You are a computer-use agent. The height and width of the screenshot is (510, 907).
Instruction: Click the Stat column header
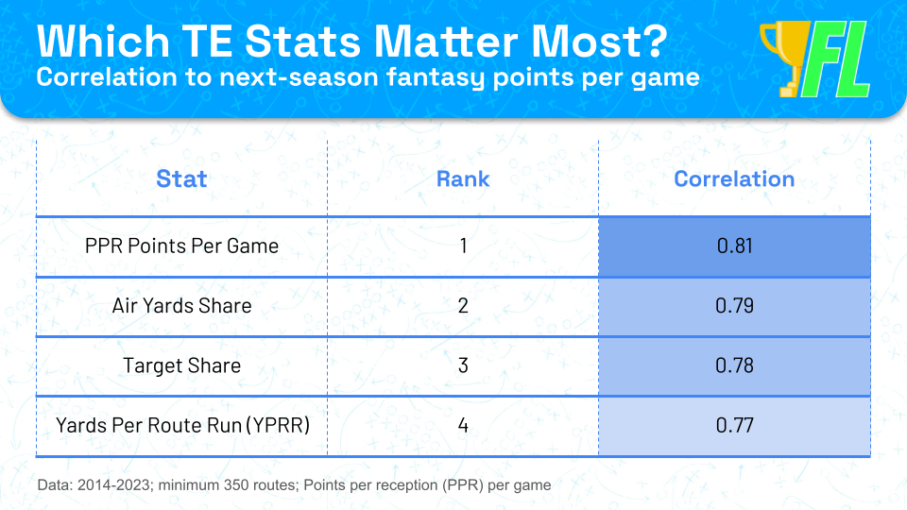click(x=181, y=179)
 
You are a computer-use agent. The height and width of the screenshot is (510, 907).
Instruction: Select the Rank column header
click(x=463, y=179)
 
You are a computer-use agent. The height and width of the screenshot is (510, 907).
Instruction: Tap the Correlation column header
click(x=734, y=179)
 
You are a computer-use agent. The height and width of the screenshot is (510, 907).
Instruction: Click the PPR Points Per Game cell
click(x=181, y=246)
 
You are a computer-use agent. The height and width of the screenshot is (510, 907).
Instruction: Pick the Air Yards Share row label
click(x=181, y=306)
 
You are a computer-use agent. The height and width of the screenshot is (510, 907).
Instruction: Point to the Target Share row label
click(x=181, y=366)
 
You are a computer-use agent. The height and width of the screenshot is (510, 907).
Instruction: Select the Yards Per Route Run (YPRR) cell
click(x=182, y=426)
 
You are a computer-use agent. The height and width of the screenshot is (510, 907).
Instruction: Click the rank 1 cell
click(x=463, y=246)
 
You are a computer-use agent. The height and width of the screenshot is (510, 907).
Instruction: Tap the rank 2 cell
click(x=463, y=306)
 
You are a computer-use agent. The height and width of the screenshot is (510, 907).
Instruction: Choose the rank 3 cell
click(x=463, y=366)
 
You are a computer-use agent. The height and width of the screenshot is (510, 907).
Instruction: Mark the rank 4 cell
click(x=463, y=426)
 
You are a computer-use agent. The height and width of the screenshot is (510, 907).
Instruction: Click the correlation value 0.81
click(x=735, y=246)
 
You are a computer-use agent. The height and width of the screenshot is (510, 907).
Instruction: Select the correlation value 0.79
click(x=735, y=306)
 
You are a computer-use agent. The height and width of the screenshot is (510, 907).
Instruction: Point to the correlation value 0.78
click(x=735, y=366)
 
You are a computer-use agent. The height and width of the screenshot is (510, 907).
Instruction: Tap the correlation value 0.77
click(x=735, y=426)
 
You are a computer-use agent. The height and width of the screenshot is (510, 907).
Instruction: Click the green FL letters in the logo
click(x=836, y=59)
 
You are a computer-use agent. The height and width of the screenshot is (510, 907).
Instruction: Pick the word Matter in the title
click(x=447, y=42)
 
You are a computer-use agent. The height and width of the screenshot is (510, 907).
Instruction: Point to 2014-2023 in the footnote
click(x=114, y=484)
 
